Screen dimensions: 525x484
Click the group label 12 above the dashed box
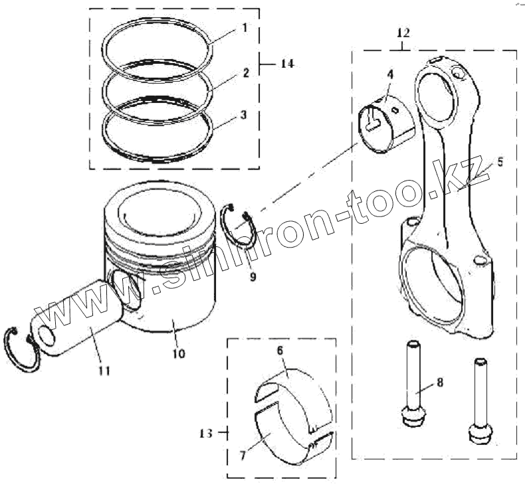403,31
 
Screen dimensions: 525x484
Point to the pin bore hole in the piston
128,289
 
